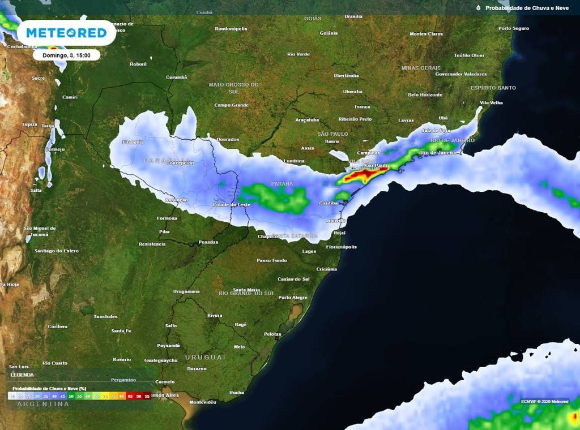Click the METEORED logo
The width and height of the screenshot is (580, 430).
pos(66,33)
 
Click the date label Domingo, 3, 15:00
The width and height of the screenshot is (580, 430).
pos(66,55)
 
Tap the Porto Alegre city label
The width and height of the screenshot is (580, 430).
pos(293,298)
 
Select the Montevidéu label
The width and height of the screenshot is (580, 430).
pos(203,402)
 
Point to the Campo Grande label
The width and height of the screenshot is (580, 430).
pos(232,105)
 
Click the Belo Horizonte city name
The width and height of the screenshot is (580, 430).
pos(425,95)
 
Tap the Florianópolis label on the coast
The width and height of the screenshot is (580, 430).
pos(342,247)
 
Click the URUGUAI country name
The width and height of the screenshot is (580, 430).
pos(205,358)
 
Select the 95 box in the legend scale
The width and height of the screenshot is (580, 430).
pos(147,397)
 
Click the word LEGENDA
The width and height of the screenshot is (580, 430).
pos(22,375)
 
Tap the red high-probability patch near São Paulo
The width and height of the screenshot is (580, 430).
pos(362,177)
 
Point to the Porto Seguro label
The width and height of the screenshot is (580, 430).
pos(513,28)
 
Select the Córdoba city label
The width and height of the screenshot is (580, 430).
pos(58,326)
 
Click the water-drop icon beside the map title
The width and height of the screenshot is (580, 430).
pos(478,8)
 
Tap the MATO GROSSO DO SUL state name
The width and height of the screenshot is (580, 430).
pos(234,88)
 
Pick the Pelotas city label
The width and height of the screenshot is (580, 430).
pos(272,334)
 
